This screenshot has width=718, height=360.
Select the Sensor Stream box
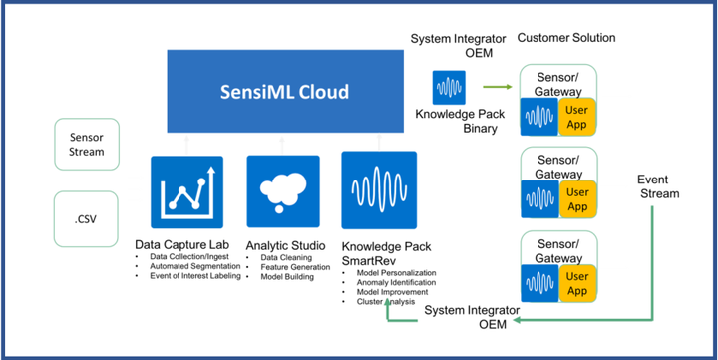tap(86, 144)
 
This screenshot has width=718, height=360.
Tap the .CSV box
tap(86, 213)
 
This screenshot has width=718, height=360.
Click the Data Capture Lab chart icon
tap(184, 192)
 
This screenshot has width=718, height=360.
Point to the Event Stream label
tap(658, 186)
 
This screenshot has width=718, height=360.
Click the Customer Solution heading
tap(565, 38)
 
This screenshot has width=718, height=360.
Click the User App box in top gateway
tap(575, 116)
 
